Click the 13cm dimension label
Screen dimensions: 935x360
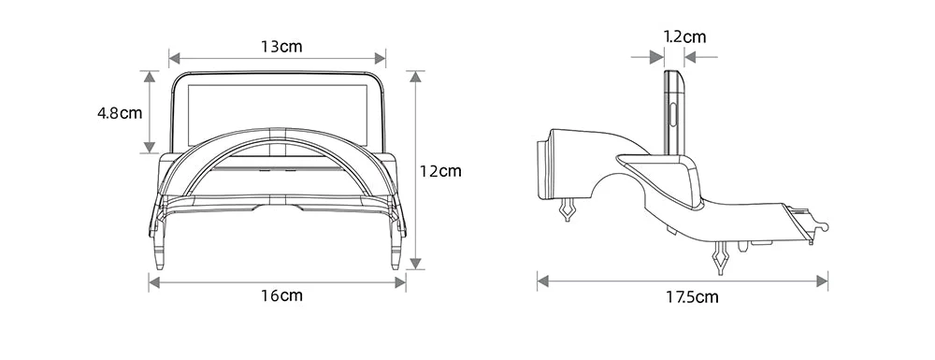pos(280,47)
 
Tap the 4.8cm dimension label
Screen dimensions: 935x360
pos(120,112)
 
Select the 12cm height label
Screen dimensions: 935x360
pos(440,171)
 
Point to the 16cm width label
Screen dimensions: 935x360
pos(282,295)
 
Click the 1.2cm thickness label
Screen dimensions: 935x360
pos(684,37)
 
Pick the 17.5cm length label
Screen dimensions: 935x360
pos(692,296)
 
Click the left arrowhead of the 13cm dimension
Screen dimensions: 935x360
pos(175,58)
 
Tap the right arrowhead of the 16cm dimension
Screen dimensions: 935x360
pos(399,282)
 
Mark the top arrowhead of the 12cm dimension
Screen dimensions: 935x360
pos(416,77)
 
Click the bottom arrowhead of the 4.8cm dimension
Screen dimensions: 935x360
pos(150,147)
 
